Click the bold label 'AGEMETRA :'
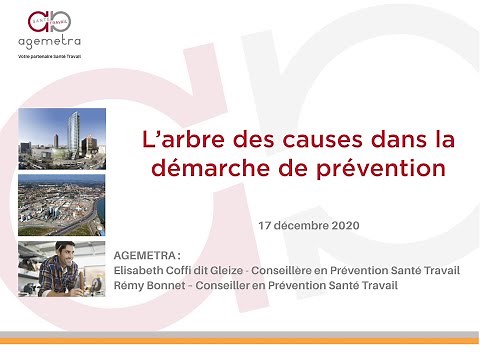coord(149,254)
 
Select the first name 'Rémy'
coord(130,285)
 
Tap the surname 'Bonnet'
coord(169,285)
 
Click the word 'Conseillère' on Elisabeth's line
coord(282,270)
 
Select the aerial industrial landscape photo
coord(61,204)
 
